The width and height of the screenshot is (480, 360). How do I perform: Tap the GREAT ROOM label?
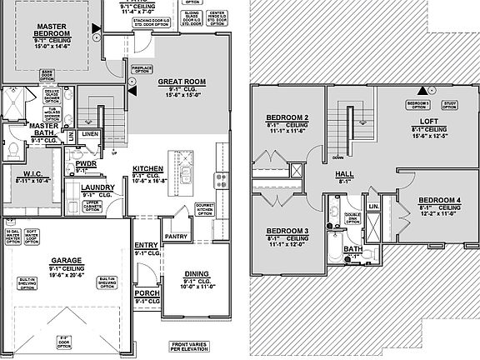(182, 82)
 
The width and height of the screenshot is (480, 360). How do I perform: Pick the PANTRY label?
(176, 237)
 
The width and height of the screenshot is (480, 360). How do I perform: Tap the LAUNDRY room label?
(97, 188)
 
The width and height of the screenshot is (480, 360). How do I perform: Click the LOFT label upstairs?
(429, 121)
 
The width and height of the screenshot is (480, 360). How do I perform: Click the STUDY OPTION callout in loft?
(449, 104)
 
